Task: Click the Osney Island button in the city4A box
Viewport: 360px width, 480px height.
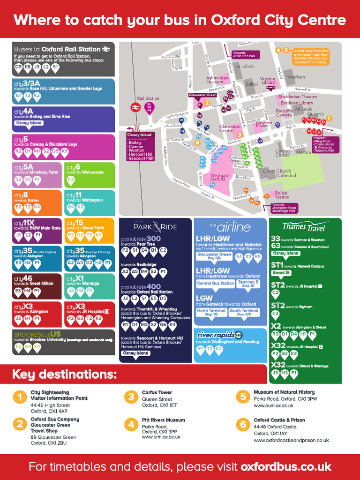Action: pos(29,123)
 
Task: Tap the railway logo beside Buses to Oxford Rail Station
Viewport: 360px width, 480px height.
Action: pos(107,49)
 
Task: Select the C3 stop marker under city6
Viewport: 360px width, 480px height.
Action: pos(71,179)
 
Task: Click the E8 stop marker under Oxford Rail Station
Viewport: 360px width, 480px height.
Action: pos(28,67)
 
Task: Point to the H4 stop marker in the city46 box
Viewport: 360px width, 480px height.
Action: pos(28,291)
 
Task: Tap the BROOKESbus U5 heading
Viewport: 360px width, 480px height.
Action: pos(38,334)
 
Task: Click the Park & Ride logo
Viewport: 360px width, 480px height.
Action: pos(155,227)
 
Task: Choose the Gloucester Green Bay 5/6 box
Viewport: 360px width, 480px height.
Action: pos(214,256)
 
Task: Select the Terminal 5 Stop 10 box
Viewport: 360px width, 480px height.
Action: pos(248,284)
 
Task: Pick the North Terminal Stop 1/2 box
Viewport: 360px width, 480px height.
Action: pos(211,312)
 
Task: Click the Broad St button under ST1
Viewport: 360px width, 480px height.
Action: pos(282,272)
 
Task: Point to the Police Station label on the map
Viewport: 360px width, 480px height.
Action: pos(282,195)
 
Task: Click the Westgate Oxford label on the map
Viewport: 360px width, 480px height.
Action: pos(220,177)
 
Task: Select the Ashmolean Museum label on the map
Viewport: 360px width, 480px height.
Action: pos(217,80)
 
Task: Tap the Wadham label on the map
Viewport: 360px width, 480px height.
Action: pos(296,77)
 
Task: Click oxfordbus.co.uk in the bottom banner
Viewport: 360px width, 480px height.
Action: pos(285,467)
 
